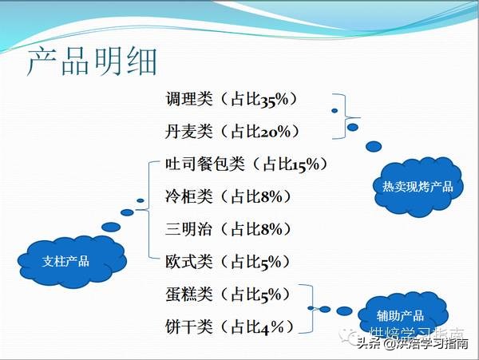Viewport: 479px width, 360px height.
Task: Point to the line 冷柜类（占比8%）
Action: tap(228, 196)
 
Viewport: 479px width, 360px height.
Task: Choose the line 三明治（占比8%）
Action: tap(228, 229)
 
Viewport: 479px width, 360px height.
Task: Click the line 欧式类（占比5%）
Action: tap(228, 261)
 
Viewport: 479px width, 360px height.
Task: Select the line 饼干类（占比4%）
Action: tap(228, 326)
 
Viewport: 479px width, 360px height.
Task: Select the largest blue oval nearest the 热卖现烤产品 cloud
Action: tap(373, 147)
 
